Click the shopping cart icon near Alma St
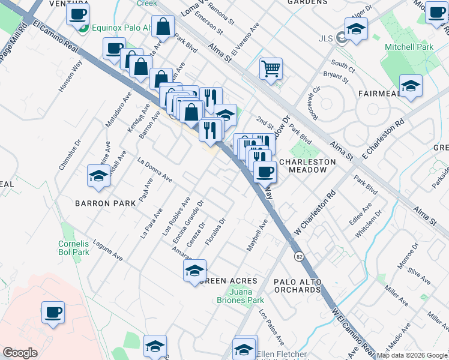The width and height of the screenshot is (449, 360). tap(271, 68)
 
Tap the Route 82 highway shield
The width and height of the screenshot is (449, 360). tap(298, 256)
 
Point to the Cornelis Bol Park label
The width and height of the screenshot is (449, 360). tap(73, 248)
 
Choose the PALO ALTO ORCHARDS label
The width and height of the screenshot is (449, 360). tap(297, 286)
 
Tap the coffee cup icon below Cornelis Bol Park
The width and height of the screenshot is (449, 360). tap(53, 313)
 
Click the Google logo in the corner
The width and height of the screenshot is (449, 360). tap(20, 353)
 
